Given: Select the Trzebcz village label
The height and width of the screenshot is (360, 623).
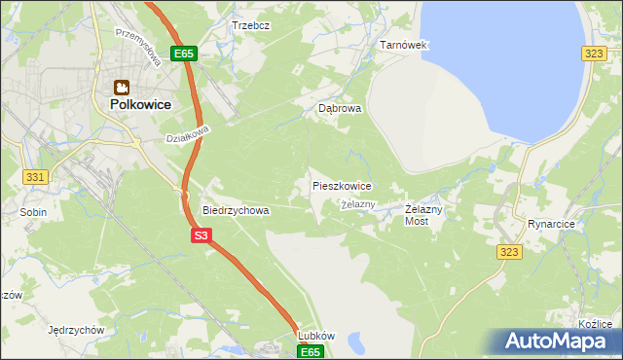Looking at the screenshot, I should click(x=249, y=25).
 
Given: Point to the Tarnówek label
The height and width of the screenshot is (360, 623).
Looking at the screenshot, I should click(x=403, y=46).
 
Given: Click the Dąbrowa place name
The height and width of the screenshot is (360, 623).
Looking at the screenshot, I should click(x=340, y=110).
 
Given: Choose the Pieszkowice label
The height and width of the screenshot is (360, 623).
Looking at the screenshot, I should click(x=341, y=185).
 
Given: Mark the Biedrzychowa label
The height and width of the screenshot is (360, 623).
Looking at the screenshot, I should click(x=235, y=209).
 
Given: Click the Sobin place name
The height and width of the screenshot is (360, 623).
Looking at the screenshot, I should click(x=32, y=210).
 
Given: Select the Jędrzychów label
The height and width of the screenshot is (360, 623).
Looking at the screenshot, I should click(x=76, y=330).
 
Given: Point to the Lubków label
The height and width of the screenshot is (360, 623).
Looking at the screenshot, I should click(x=316, y=336).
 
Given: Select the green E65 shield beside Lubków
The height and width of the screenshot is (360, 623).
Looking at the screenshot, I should click(x=310, y=350).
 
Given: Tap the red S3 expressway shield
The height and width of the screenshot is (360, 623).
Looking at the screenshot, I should click(x=201, y=235).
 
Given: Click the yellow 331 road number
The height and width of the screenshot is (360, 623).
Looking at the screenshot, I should click(x=36, y=176).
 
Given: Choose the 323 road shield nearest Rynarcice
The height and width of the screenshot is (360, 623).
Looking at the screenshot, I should click(x=512, y=251).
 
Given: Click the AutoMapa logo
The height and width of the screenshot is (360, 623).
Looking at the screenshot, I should click(x=558, y=342).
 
